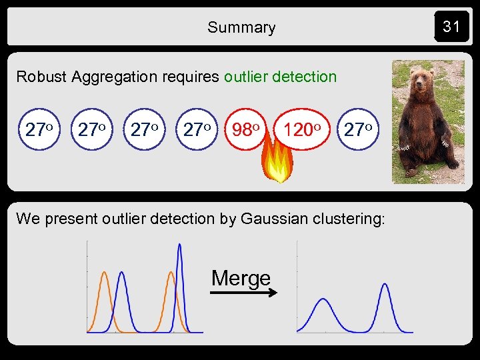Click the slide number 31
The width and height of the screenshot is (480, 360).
pyautogui.click(x=451, y=27)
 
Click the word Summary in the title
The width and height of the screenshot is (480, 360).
pyautogui.click(x=241, y=27)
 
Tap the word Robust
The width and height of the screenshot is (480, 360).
pyautogui.click(x=41, y=77)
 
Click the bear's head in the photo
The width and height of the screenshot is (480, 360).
pyautogui.click(x=422, y=81)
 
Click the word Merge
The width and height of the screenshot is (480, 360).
pyautogui.click(x=241, y=277)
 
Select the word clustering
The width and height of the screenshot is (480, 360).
pyautogui.click(x=351, y=218)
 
